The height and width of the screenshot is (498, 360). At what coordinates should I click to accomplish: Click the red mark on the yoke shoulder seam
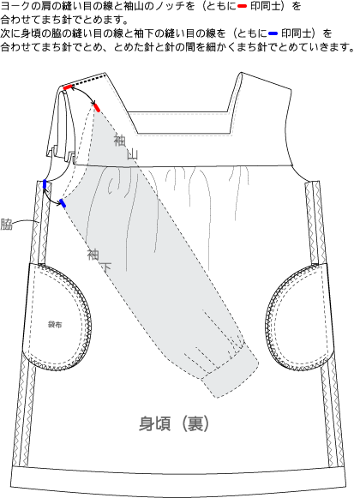(x=68, y=87)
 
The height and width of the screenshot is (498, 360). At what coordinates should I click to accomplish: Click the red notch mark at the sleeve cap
(x=97, y=108)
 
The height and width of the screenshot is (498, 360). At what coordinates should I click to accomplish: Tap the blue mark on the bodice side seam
(x=45, y=184)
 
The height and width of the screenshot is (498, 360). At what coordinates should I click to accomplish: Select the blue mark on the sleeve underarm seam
(x=63, y=203)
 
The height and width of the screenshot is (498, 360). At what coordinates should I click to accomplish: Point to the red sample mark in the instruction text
(x=242, y=6)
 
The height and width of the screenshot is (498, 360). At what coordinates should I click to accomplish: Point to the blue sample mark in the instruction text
(x=273, y=33)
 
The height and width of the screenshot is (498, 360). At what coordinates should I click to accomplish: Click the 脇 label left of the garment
(x=6, y=224)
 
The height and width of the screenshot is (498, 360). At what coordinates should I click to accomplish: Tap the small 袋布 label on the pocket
(x=55, y=325)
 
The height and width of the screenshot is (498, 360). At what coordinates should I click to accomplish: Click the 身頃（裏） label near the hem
(x=174, y=423)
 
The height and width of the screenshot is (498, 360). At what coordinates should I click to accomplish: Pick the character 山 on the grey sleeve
(x=133, y=154)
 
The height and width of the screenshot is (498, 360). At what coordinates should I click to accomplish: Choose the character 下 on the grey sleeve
(x=105, y=267)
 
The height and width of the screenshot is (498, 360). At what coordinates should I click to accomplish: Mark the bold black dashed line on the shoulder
(x=88, y=81)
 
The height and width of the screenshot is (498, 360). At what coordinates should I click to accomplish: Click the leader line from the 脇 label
(x=26, y=221)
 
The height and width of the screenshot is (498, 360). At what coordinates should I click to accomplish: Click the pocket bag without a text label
(x=298, y=318)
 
